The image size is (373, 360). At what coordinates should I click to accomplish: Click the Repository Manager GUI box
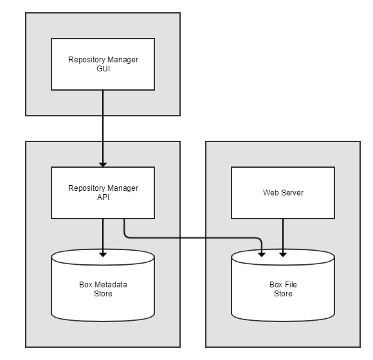click(103, 64)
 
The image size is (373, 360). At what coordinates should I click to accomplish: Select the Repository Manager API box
click(103, 193)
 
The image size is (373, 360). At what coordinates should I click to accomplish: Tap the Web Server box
click(283, 193)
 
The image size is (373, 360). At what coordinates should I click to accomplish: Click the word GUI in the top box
click(103, 69)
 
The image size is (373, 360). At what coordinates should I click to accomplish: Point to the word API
click(103, 197)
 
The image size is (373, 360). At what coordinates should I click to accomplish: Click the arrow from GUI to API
click(103, 129)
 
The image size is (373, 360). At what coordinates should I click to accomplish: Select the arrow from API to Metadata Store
click(103, 235)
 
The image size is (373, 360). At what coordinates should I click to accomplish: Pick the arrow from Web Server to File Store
click(283, 235)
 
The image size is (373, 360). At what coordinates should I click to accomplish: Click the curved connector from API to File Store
click(193, 238)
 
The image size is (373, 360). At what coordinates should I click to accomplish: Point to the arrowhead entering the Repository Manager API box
click(103, 164)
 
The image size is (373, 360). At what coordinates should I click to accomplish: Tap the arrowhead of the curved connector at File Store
click(262, 254)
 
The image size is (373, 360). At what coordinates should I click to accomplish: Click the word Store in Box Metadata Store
click(103, 294)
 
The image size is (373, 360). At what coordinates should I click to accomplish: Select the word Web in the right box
click(271, 193)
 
